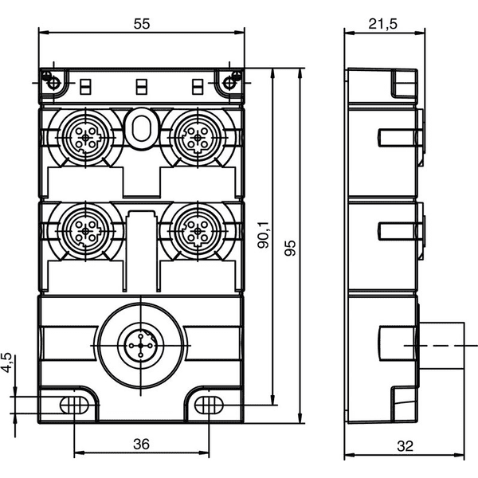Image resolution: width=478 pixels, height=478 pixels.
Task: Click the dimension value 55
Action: click(142, 24)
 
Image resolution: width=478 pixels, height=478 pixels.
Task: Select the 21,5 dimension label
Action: click(383, 24)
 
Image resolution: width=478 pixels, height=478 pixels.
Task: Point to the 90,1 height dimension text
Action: click(264, 234)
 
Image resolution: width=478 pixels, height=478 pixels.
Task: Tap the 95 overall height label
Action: click(290, 248)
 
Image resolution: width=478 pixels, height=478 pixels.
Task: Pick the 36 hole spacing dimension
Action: click(142, 445)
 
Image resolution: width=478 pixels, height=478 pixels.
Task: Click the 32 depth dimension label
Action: click(406, 446)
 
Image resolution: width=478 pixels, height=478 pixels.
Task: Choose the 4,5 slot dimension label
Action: click(6, 362)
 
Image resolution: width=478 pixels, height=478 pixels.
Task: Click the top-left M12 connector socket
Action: click(86, 138)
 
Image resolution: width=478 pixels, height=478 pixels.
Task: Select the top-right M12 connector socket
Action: click(198, 138)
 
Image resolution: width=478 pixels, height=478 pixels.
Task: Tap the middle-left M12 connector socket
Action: click(86, 232)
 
